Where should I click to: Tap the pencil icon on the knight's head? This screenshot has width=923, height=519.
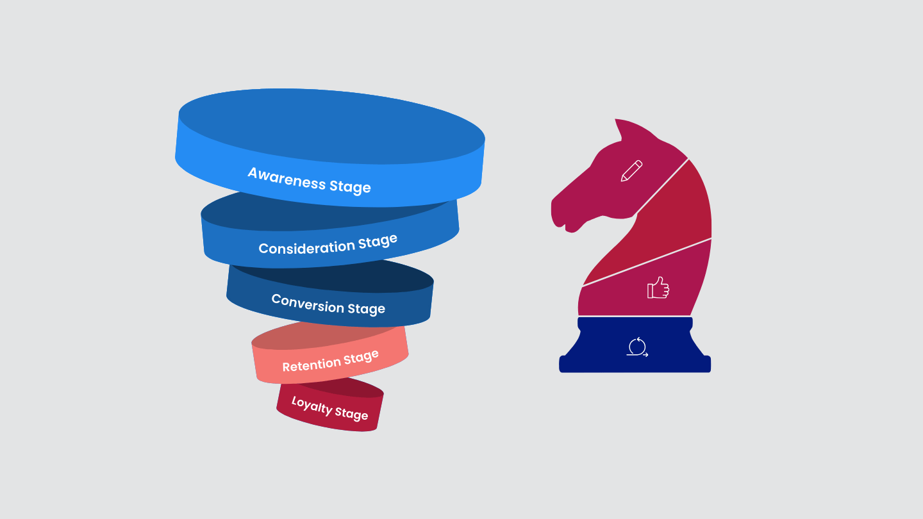pyautogui.click(x=631, y=171)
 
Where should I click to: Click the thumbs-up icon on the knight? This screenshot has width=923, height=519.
pyautogui.click(x=658, y=288)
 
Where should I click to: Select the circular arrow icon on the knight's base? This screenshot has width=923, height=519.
pyautogui.click(x=637, y=347)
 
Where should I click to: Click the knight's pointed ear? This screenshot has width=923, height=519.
pyautogui.click(x=620, y=129)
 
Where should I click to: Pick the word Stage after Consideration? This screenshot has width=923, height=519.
pyautogui.click(x=378, y=243)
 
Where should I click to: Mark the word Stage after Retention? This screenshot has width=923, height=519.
pyautogui.click(x=361, y=358)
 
